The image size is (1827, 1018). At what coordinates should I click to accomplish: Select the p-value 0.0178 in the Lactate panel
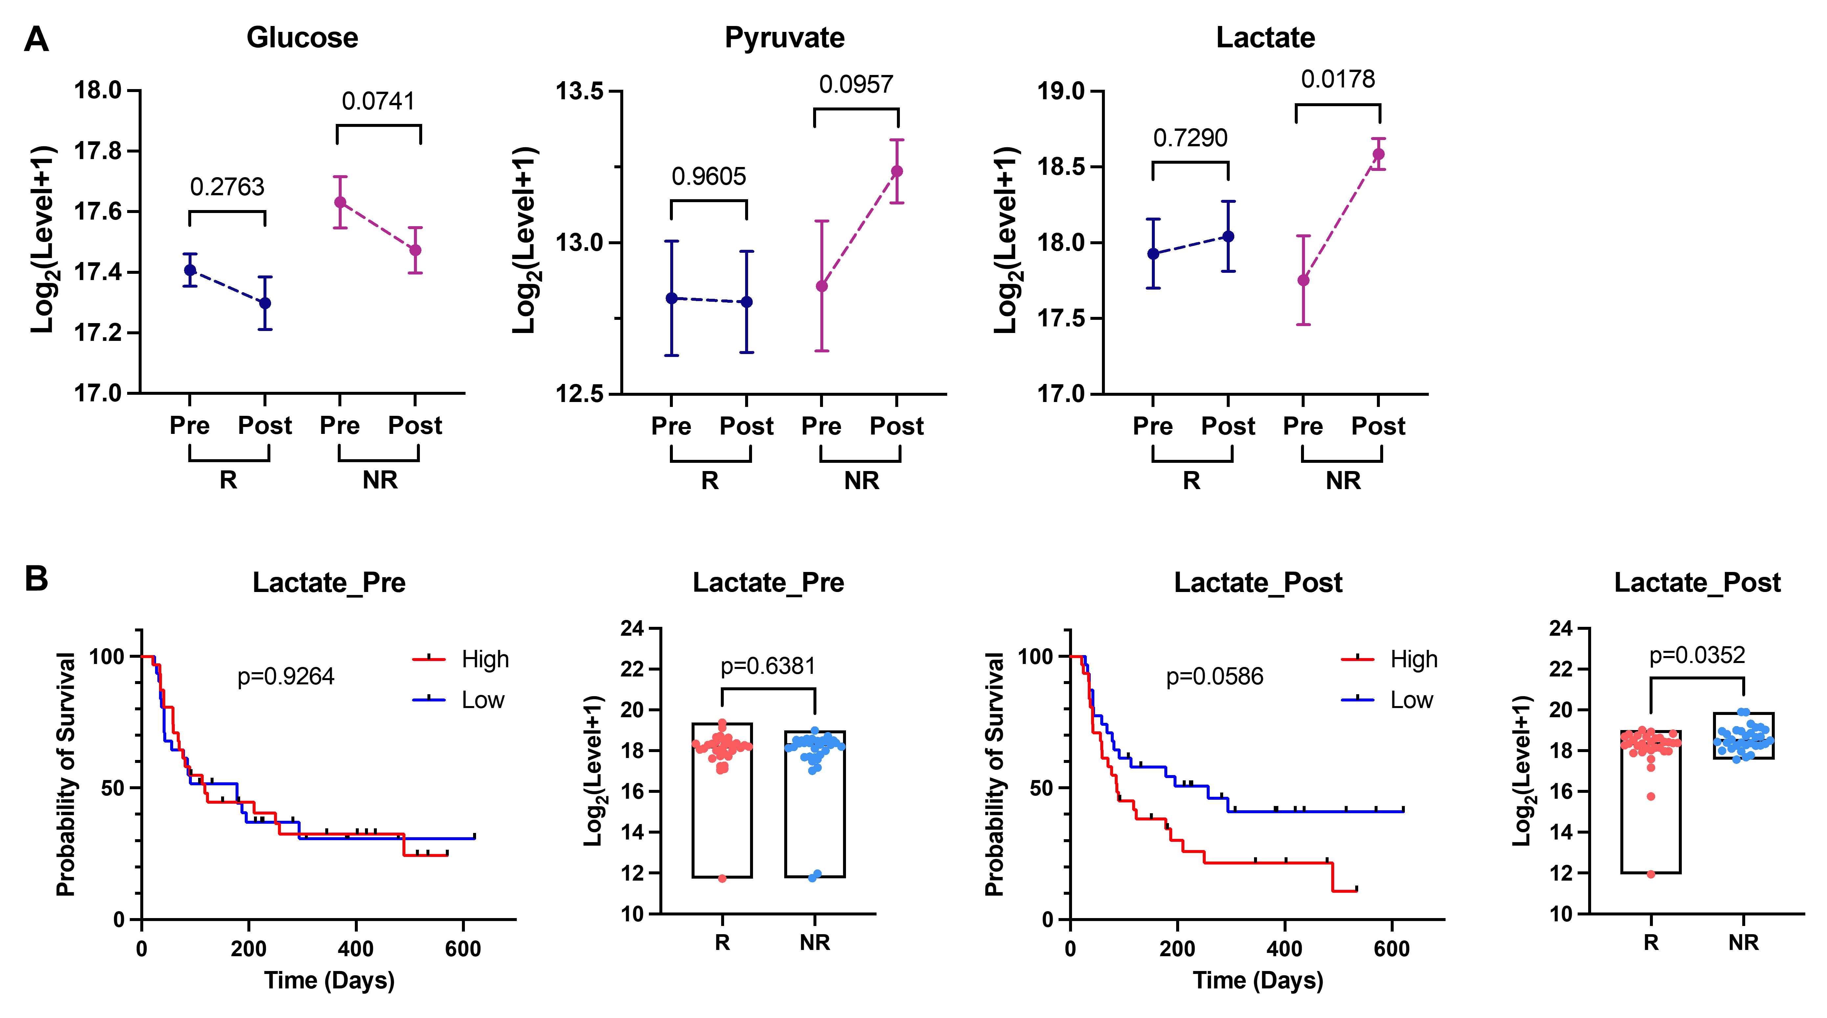click(1337, 80)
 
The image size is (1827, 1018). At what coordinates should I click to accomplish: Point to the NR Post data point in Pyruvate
click(897, 171)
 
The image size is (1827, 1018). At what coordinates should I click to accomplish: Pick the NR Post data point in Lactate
click(1378, 154)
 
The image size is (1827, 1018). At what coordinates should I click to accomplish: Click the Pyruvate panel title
click(785, 37)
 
